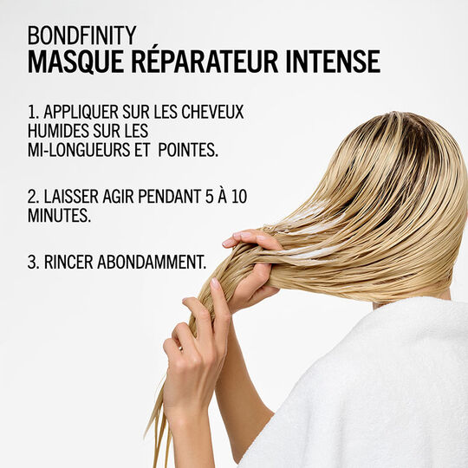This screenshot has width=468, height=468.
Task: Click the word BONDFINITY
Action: point(81,36)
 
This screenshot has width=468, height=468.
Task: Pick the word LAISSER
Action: point(76,197)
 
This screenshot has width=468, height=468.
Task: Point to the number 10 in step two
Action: point(238,197)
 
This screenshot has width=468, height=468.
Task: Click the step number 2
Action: point(31,197)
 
